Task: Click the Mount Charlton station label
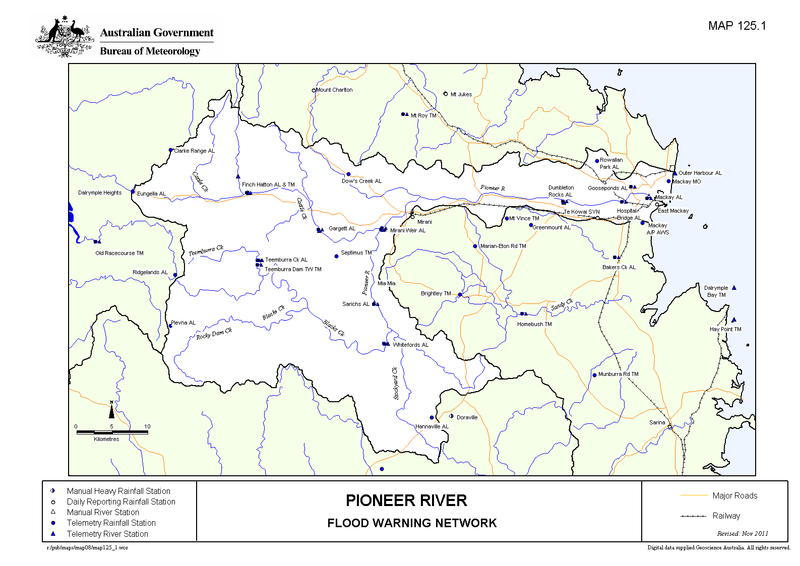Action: [334, 90]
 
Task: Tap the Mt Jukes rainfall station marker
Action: [446, 94]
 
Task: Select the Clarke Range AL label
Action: [194, 151]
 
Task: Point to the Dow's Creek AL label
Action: [361, 181]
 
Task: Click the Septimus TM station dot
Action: [337, 256]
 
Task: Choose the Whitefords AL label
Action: [410, 345]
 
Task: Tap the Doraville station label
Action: [467, 417]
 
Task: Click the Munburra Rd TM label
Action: [618, 374]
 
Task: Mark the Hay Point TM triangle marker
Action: [734, 320]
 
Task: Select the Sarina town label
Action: [657, 422]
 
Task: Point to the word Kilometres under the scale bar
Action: [106, 439]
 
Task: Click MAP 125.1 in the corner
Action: [736, 26]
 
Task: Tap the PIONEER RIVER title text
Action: [406, 500]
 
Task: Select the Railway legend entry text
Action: [726, 516]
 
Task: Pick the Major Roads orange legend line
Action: [694, 495]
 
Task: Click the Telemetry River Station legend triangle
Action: [53, 533]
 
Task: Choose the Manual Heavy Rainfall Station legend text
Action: [118, 491]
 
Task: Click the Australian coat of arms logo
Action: [65, 37]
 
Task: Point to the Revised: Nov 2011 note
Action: [743, 533]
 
